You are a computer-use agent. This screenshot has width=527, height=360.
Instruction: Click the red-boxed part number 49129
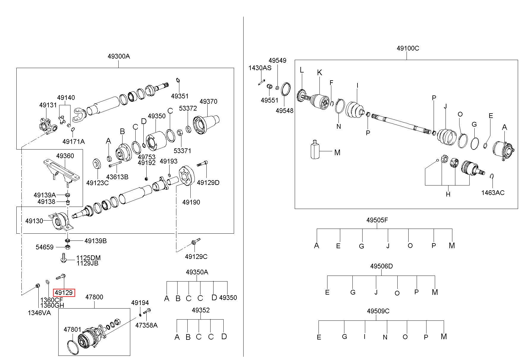pos(64,293)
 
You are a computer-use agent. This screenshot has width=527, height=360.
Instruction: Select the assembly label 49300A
pos(119,56)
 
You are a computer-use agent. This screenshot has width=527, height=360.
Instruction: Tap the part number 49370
pos(208,101)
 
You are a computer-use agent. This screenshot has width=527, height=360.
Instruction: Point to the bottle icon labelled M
pos(315,149)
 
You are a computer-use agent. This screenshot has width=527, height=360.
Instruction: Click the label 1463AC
pos(493,193)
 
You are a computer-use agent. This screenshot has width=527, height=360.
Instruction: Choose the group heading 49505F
pos(377,220)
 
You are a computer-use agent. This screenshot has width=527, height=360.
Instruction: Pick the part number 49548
pos(284,111)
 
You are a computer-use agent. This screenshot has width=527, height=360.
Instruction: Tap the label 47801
pos(72,329)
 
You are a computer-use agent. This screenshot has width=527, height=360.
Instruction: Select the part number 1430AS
pos(260,68)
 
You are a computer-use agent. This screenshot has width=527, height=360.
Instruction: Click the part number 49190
pos(191,202)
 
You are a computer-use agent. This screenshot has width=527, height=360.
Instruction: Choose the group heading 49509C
pos(378,311)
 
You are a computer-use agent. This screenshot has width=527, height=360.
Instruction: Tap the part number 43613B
pos(117,177)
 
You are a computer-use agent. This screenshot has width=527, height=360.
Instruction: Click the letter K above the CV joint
pos(319,73)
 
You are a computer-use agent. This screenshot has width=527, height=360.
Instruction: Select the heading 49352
pos(200,310)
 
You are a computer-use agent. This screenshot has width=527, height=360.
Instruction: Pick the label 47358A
pos(146,325)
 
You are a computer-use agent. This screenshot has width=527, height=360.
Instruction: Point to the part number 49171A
pos(73,142)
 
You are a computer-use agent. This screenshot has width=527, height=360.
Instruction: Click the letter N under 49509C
pos(385,337)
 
